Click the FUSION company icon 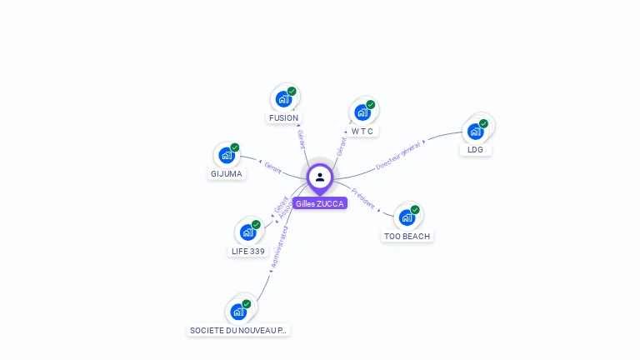(283, 99)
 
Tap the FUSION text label (283, 118)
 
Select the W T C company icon (362, 112)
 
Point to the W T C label (362, 131)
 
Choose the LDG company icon (476, 131)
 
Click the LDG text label (475, 150)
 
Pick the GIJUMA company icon (226, 155)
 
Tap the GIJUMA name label (226, 174)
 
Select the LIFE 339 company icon (247, 232)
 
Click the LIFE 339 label (247, 251)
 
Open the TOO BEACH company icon (407, 217)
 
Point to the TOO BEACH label (407, 237)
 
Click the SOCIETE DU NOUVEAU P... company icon (238, 312)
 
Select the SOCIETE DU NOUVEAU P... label (238, 331)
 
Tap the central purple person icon (320, 177)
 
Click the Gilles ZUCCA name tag (320, 203)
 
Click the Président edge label (363, 198)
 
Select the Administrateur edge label (279, 247)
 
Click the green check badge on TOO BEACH (415, 210)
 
